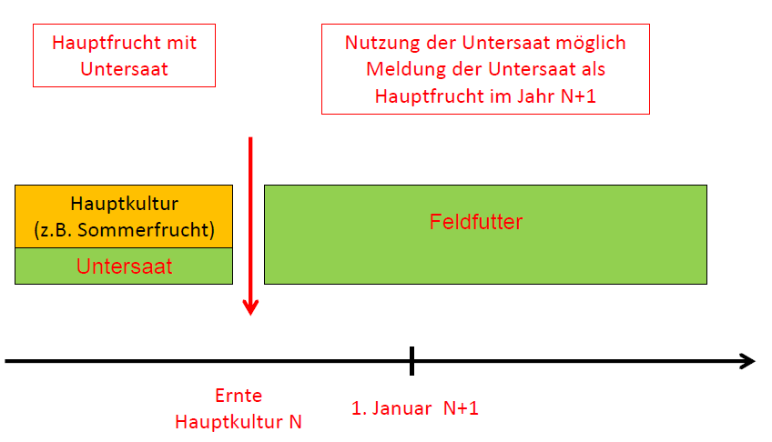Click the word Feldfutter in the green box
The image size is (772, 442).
tap(475, 222)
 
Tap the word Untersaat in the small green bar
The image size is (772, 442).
tap(124, 266)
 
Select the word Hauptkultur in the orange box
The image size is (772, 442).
tap(124, 204)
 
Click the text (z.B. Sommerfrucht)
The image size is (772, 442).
tap(124, 229)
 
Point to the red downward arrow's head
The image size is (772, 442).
tap(250, 307)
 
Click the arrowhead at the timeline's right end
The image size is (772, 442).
tap(748, 361)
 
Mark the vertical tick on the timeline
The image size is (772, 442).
tap(411, 361)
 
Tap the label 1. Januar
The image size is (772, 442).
tap(391, 408)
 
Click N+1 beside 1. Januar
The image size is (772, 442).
tap(461, 408)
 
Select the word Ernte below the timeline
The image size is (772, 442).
tap(239, 396)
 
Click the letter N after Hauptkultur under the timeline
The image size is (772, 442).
tap(295, 422)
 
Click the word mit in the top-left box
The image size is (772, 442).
tap(182, 43)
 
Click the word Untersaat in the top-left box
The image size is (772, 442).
tap(124, 69)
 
